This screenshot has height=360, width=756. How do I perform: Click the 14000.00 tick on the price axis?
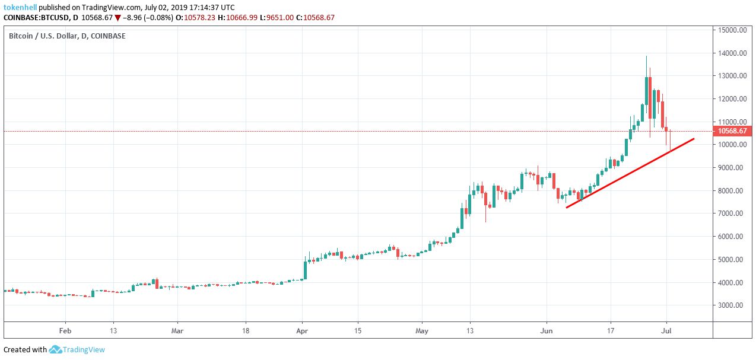point(731,53)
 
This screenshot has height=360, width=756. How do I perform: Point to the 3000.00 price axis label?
point(731,305)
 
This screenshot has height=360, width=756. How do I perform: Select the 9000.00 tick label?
point(731,168)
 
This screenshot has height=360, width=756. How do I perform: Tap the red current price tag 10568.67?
point(731,131)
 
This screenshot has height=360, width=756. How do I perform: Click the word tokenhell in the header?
point(21,7)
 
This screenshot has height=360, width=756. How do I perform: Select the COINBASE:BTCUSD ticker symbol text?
point(37,18)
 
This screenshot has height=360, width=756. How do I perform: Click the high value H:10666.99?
point(237,18)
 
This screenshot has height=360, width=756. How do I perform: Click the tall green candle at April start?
point(305,269)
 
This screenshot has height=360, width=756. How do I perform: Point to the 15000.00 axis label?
point(731,30)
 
